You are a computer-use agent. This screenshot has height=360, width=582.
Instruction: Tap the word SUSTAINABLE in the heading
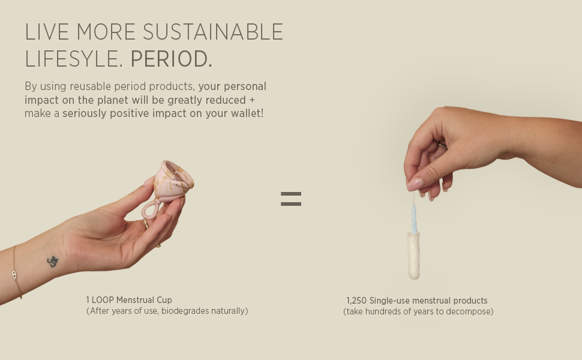(x=213, y=32)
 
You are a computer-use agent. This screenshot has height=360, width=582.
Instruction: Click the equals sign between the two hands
(x=291, y=199)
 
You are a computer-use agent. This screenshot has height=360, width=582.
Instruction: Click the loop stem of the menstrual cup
(x=151, y=209)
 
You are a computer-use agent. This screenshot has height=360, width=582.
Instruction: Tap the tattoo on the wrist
(x=53, y=261)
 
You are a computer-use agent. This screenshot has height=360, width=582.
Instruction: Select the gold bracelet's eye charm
(x=14, y=274)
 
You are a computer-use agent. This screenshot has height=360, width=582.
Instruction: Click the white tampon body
(x=413, y=256)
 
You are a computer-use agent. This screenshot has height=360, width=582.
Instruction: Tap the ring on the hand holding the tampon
(x=442, y=145)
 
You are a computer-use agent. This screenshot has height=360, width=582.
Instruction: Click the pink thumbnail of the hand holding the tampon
(x=415, y=184)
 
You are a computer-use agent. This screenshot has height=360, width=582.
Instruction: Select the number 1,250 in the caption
(x=356, y=301)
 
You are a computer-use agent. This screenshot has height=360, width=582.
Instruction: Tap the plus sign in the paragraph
(x=252, y=100)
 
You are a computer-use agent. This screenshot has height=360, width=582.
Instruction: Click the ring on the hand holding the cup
(x=146, y=223)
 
